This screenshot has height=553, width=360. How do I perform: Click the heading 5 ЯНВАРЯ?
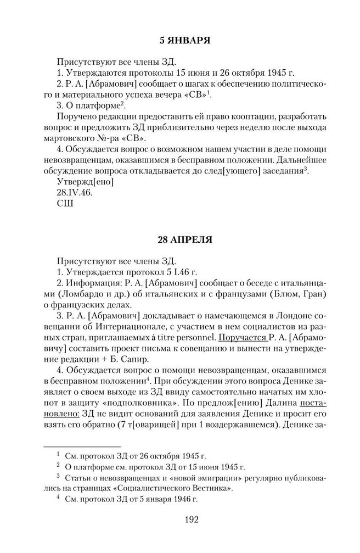[x=180, y=40]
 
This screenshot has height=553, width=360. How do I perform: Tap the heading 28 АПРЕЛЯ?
[x=180, y=240]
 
